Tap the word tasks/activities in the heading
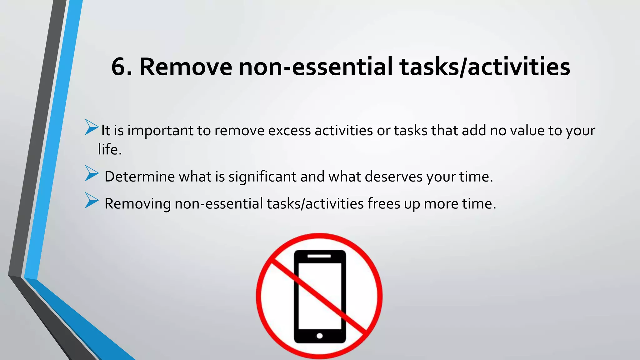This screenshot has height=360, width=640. pyautogui.click(x=485, y=67)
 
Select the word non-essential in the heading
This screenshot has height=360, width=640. pyautogui.click(x=315, y=67)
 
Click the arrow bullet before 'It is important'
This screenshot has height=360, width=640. pyautogui.click(x=91, y=127)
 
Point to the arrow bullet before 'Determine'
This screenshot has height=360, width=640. pyautogui.click(x=91, y=173)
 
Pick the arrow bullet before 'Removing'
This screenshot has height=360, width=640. pyautogui.click(x=91, y=200)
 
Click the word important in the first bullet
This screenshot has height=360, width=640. pyautogui.click(x=160, y=131)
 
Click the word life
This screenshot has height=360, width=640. pyautogui.click(x=109, y=149)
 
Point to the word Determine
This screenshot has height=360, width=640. pyautogui.click(x=139, y=177)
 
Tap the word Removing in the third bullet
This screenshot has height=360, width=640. pyautogui.click(x=137, y=204)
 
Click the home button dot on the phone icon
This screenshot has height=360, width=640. pyautogui.click(x=319, y=336)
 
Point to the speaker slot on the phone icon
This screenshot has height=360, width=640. pyautogui.click(x=319, y=256)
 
